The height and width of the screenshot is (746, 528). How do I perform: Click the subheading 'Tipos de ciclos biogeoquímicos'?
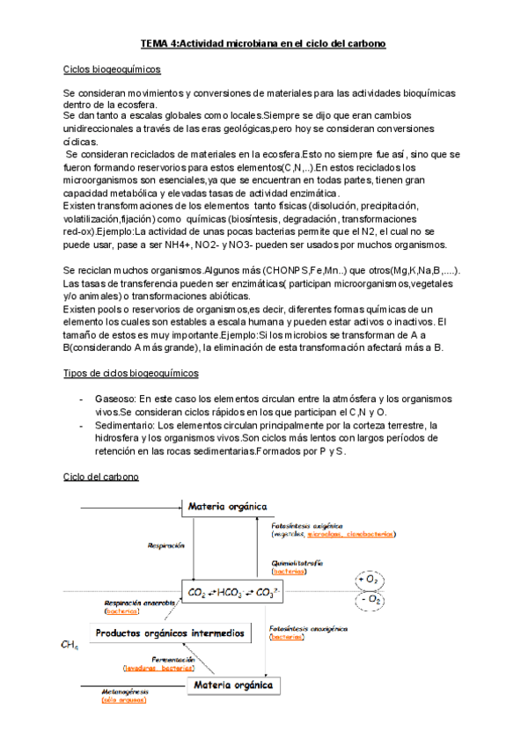(130, 372)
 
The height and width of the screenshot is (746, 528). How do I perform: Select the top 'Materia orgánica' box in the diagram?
(228, 507)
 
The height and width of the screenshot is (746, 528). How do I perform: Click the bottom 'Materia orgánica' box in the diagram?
(233, 684)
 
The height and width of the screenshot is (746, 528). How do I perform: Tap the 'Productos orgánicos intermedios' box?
(170, 633)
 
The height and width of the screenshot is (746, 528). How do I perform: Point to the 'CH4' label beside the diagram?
(70, 646)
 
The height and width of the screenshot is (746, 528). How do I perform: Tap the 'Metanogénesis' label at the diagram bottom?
(124, 691)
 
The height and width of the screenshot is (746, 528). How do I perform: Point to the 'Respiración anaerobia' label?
(135, 603)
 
